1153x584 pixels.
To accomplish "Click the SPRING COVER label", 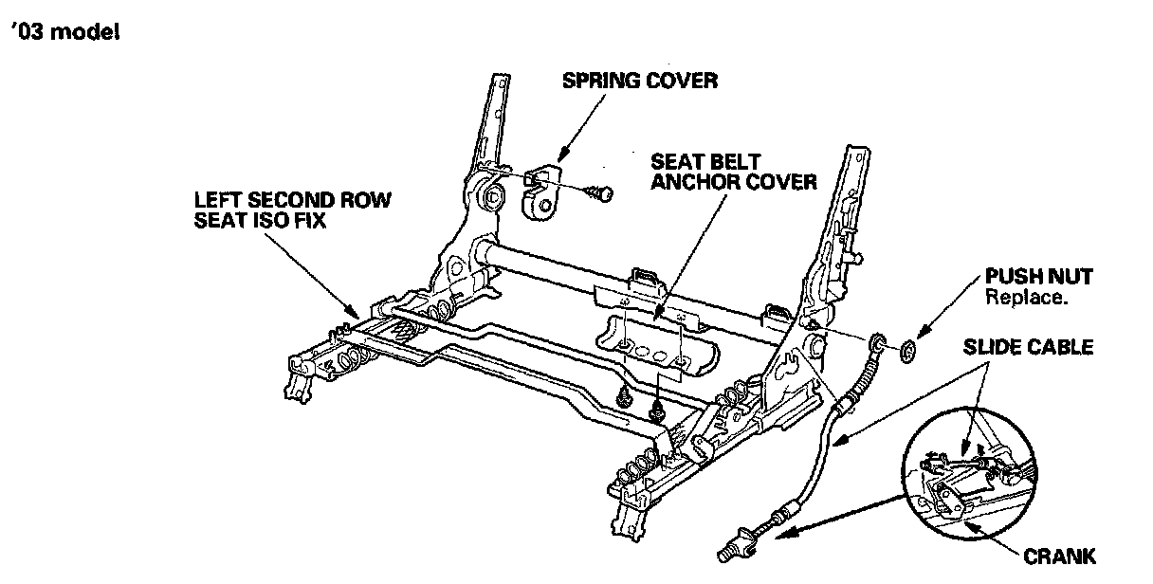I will (640, 80).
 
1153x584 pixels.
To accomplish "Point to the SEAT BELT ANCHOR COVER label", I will (733, 172).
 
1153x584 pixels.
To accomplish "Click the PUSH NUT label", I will (1038, 277).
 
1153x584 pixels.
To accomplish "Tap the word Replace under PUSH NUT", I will (1027, 297).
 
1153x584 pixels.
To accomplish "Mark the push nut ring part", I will (905, 351).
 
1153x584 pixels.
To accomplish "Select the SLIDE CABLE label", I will (1028, 347).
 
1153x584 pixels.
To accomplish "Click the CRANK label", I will (1060, 556).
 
